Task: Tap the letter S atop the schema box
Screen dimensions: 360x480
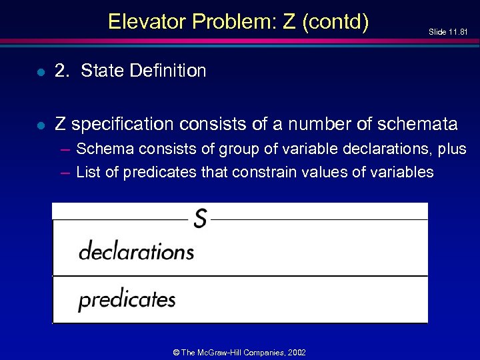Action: [x=199, y=218]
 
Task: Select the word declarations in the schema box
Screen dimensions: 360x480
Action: [x=136, y=251]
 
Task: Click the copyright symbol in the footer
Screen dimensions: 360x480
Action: [x=176, y=351]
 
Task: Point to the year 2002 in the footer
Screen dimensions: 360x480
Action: [x=297, y=351]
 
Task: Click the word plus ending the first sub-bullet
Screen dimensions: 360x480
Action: [x=451, y=148]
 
